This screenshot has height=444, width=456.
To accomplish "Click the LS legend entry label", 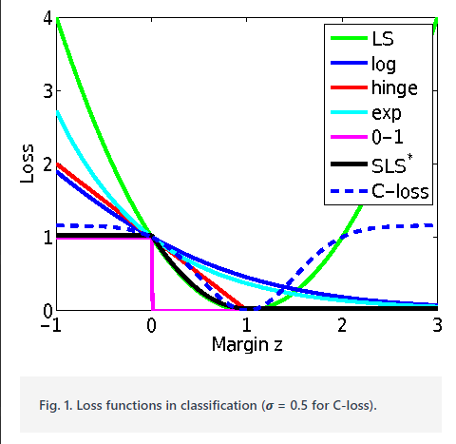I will tap(382, 40).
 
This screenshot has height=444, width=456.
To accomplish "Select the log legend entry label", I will tap(384, 65).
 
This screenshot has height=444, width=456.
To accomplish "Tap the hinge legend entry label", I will tap(392, 89).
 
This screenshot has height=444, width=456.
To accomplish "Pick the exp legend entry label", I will tap(386, 115).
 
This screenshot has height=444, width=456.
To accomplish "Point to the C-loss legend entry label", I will tap(399, 191).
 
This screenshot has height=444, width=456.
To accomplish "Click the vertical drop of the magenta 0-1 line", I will tap(151, 276).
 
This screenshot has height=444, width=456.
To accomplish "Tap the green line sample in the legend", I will tap(347, 40).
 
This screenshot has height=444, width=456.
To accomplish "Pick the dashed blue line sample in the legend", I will tap(347, 191).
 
